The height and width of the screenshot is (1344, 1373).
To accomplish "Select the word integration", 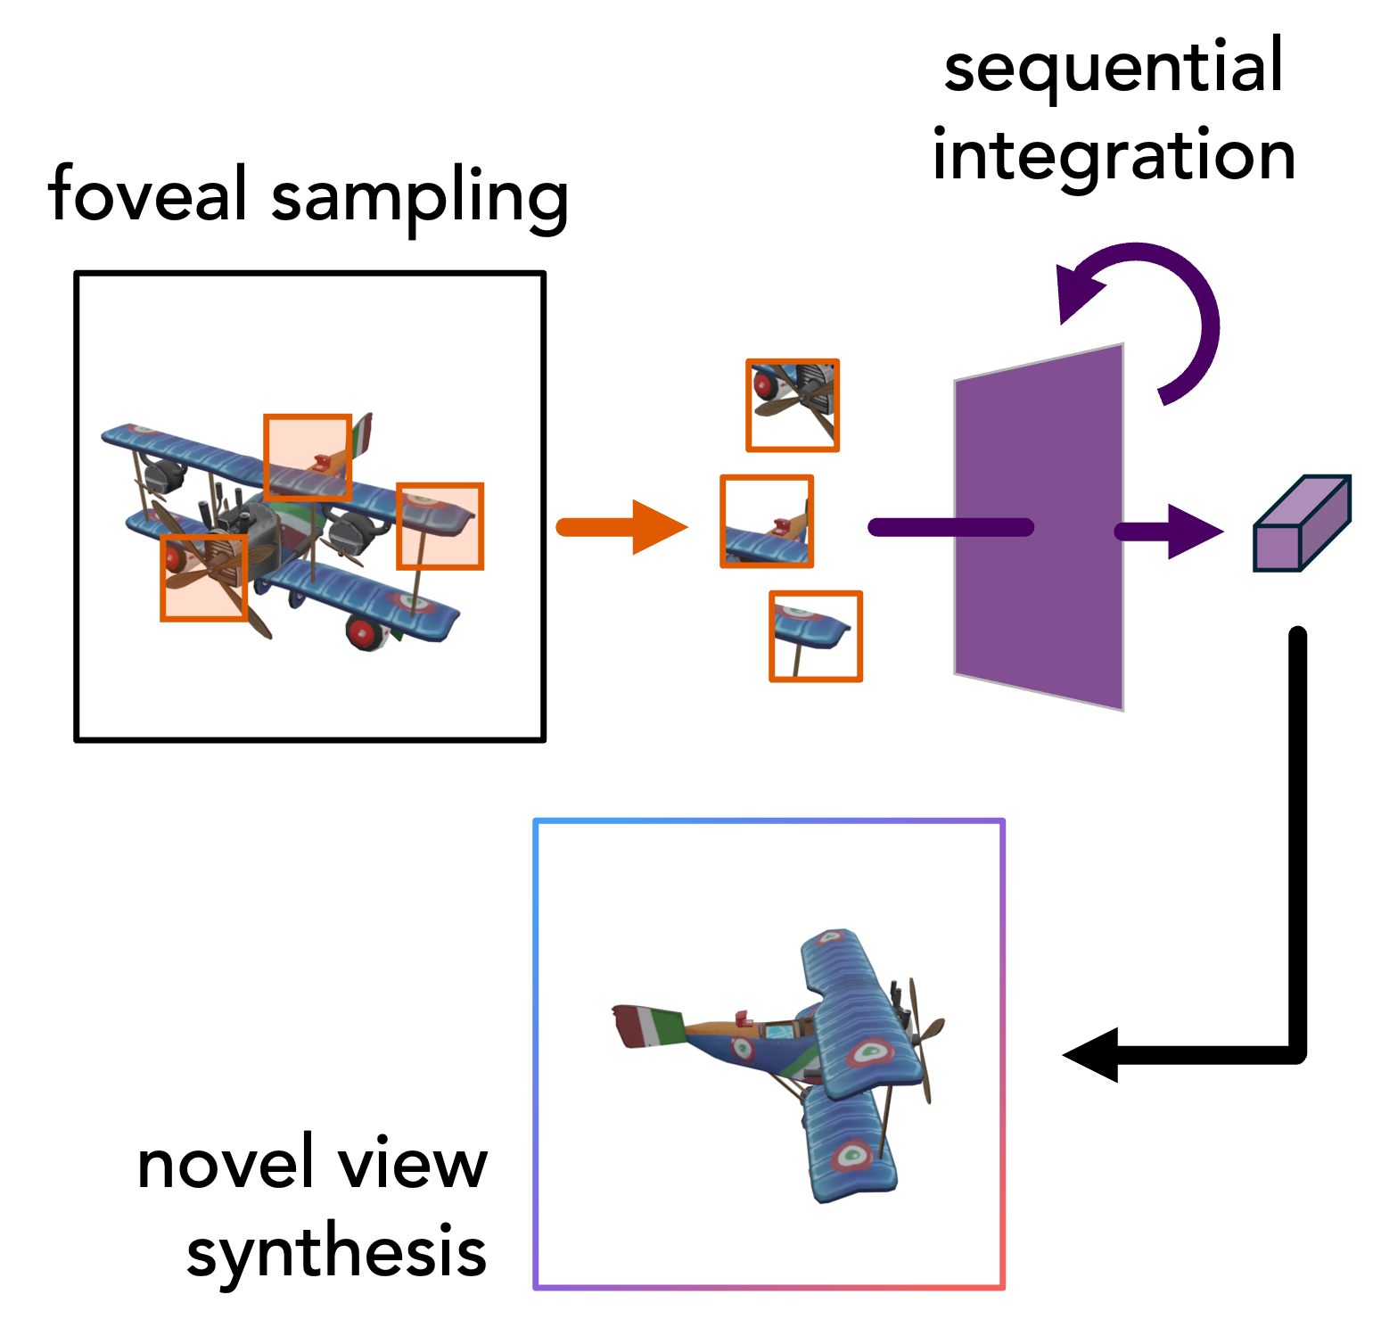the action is click(1114, 156).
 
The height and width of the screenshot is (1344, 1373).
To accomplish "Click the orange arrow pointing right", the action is click(622, 527).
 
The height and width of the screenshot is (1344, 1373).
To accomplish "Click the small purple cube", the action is click(1303, 524).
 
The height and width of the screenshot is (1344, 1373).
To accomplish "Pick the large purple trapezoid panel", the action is click(1040, 526).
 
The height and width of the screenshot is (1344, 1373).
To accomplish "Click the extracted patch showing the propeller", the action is click(793, 406).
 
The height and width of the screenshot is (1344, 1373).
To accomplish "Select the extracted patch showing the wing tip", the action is click(816, 637).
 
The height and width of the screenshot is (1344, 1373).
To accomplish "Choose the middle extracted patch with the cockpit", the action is click(767, 522).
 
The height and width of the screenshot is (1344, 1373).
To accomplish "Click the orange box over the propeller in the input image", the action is click(204, 578).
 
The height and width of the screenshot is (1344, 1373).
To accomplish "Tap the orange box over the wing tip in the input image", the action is click(440, 526).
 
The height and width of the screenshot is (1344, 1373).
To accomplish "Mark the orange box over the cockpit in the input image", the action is click(308, 457).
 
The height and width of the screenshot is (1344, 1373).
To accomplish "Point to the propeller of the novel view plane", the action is click(924, 1039).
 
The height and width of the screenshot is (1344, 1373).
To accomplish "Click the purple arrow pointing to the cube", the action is click(1169, 532).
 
